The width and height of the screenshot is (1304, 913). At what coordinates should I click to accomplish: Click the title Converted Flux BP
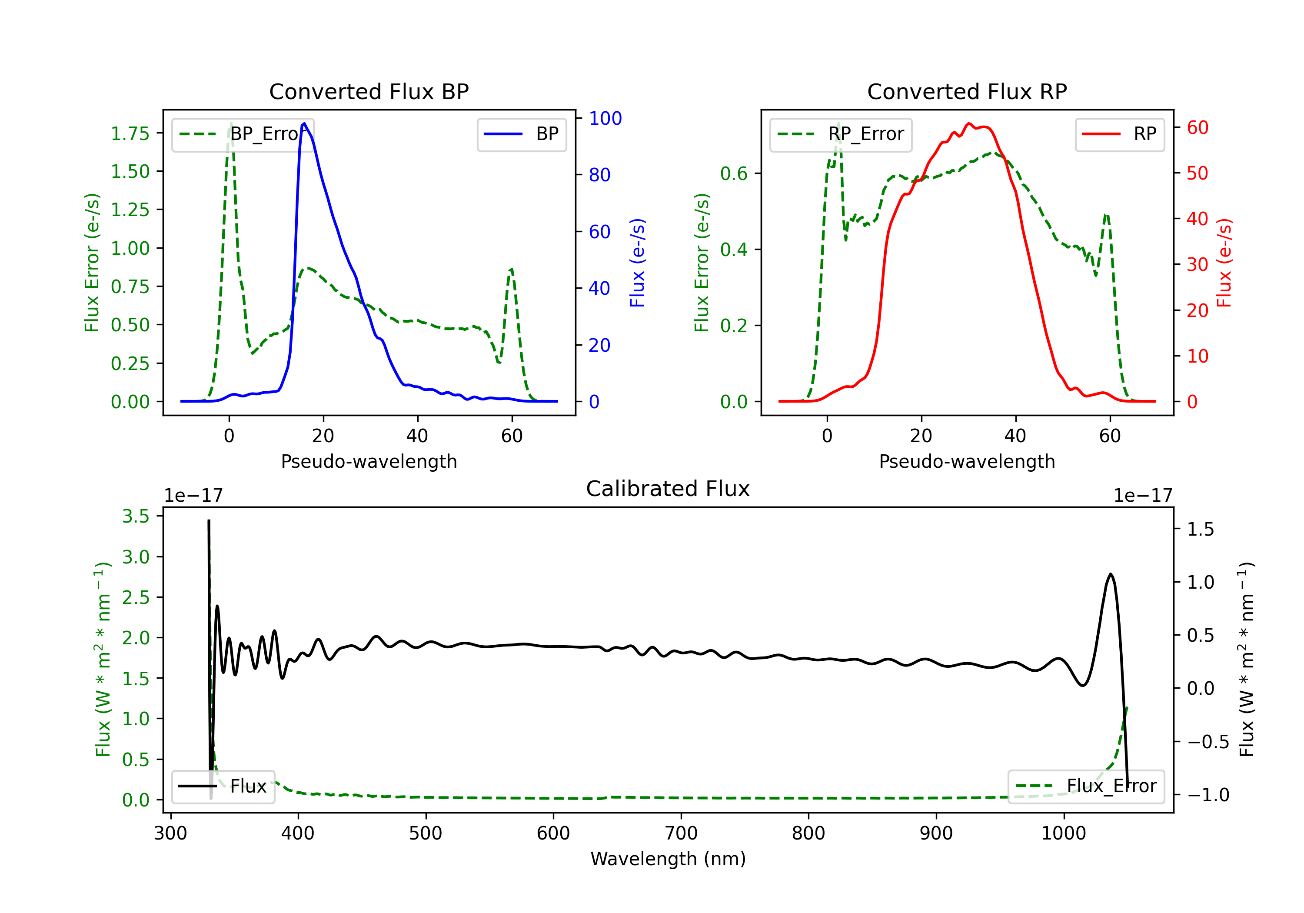point(369,91)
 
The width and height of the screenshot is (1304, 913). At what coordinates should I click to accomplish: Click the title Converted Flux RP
point(967,91)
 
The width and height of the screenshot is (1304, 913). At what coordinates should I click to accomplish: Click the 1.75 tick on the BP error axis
point(130,133)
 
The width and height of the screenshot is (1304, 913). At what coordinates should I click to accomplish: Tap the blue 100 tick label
point(605,118)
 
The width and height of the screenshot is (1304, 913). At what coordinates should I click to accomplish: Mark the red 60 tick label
point(1197,127)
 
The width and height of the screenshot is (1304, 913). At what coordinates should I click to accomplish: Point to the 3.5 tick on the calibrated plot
point(136,516)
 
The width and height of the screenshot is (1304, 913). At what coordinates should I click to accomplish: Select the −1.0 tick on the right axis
point(1208,794)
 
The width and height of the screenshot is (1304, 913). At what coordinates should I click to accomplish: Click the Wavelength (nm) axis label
point(668,859)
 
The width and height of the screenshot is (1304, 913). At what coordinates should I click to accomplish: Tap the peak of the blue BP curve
point(304,123)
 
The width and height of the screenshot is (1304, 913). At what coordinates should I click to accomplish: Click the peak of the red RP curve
point(969,123)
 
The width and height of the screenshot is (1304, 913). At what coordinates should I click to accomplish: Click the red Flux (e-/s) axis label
point(1224,263)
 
